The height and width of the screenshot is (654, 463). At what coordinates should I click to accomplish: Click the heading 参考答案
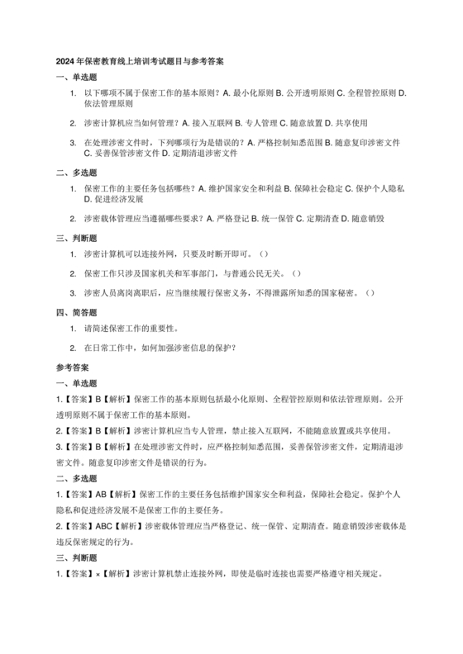click(x=73, y=365)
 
